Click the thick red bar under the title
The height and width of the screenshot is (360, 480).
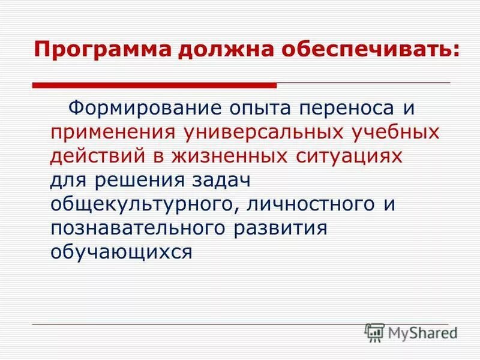[x=154, y=85]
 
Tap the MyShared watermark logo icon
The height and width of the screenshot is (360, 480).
[x=374, y=331]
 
